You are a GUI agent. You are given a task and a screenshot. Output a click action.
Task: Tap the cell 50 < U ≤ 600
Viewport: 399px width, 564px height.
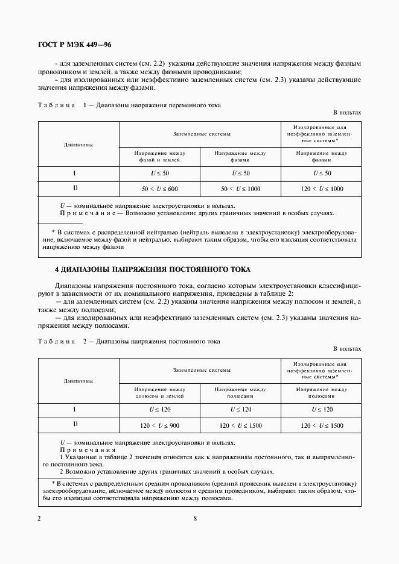(x=159, y=189)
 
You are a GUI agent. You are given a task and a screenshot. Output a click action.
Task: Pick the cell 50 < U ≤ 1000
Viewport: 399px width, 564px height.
(x=240, y=189)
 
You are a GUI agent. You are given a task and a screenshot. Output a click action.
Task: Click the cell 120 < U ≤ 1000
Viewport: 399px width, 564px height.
(x=321, y=189)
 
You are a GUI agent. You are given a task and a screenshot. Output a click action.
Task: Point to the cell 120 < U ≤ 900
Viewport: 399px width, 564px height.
(x=159, y=425)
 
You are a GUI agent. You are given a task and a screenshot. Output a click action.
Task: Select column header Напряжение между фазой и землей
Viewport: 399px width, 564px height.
(x=159, y=157)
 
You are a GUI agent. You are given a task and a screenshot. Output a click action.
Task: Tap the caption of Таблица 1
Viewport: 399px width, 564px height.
(x=129, y=105)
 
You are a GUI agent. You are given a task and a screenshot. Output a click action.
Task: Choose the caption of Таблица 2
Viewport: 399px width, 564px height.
(x=129, y=342)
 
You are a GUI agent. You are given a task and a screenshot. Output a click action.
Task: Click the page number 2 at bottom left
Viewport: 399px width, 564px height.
(x=39, y=518)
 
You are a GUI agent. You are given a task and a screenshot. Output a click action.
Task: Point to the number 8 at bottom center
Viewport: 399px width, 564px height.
(x=196, y=518)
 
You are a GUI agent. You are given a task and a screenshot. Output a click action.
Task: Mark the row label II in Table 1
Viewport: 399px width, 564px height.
(x=75, y=188)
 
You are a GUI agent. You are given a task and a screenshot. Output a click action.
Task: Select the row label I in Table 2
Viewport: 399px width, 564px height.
(x=75, y=410)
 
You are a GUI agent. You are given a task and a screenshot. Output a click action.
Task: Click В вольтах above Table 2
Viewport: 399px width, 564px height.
(x=346, y=349)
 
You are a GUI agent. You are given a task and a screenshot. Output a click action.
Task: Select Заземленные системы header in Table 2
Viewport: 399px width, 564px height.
(x=201, y=370)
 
